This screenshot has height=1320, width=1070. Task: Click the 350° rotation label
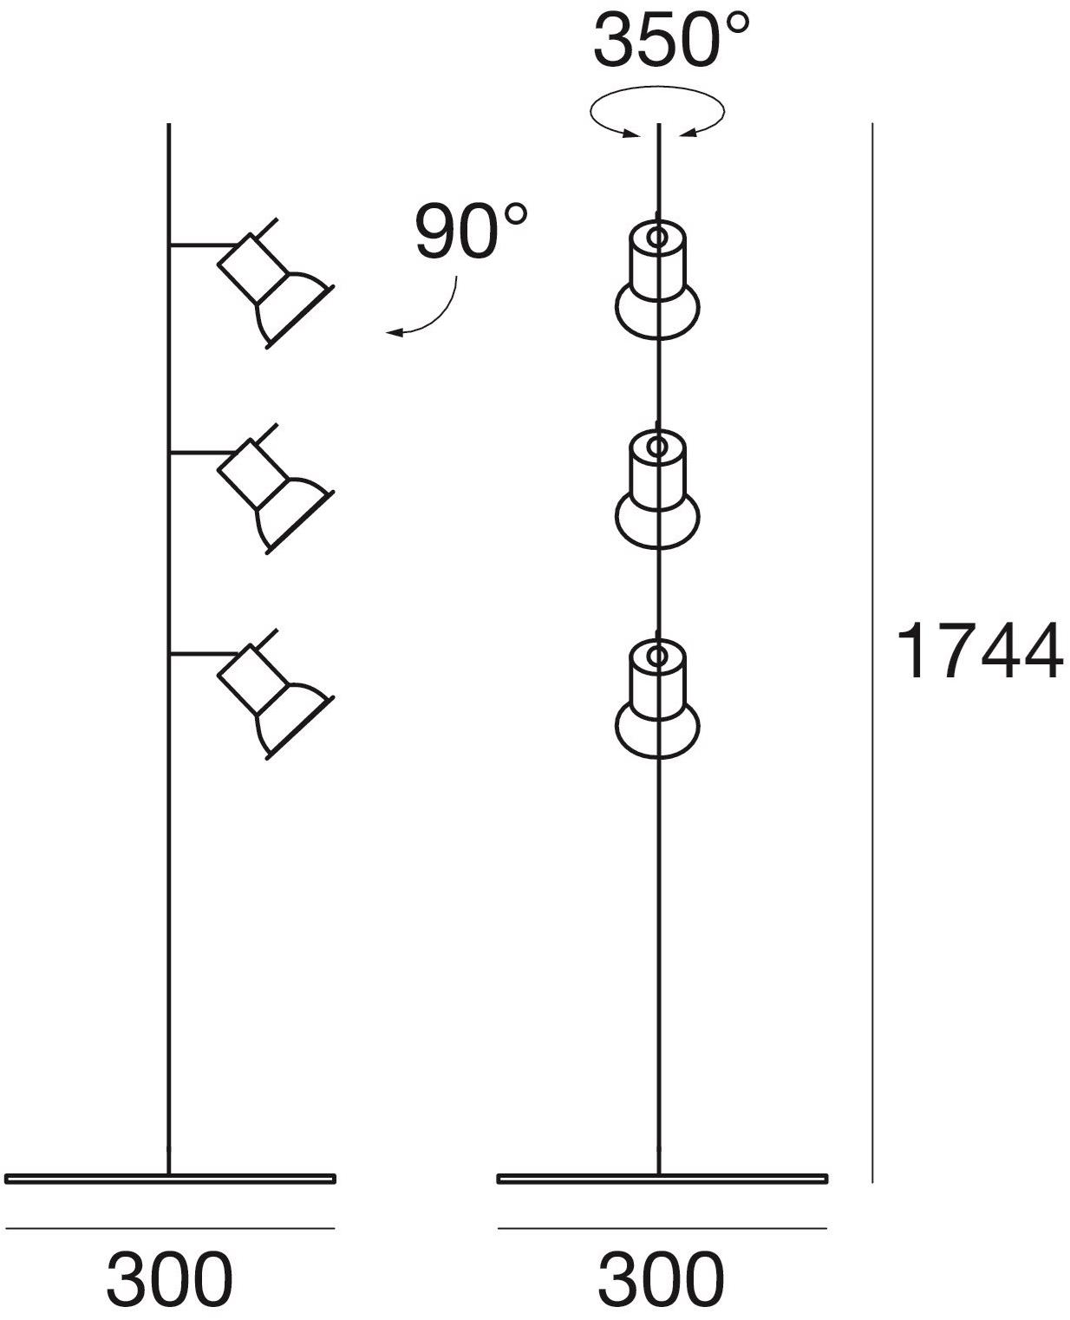click(x=669, y=42)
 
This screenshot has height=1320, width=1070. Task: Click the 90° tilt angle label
click(x=470, y=232)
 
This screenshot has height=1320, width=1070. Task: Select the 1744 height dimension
click(x=978, y=650)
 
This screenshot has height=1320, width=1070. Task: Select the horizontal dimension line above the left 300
click(x=170, y=1227)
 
